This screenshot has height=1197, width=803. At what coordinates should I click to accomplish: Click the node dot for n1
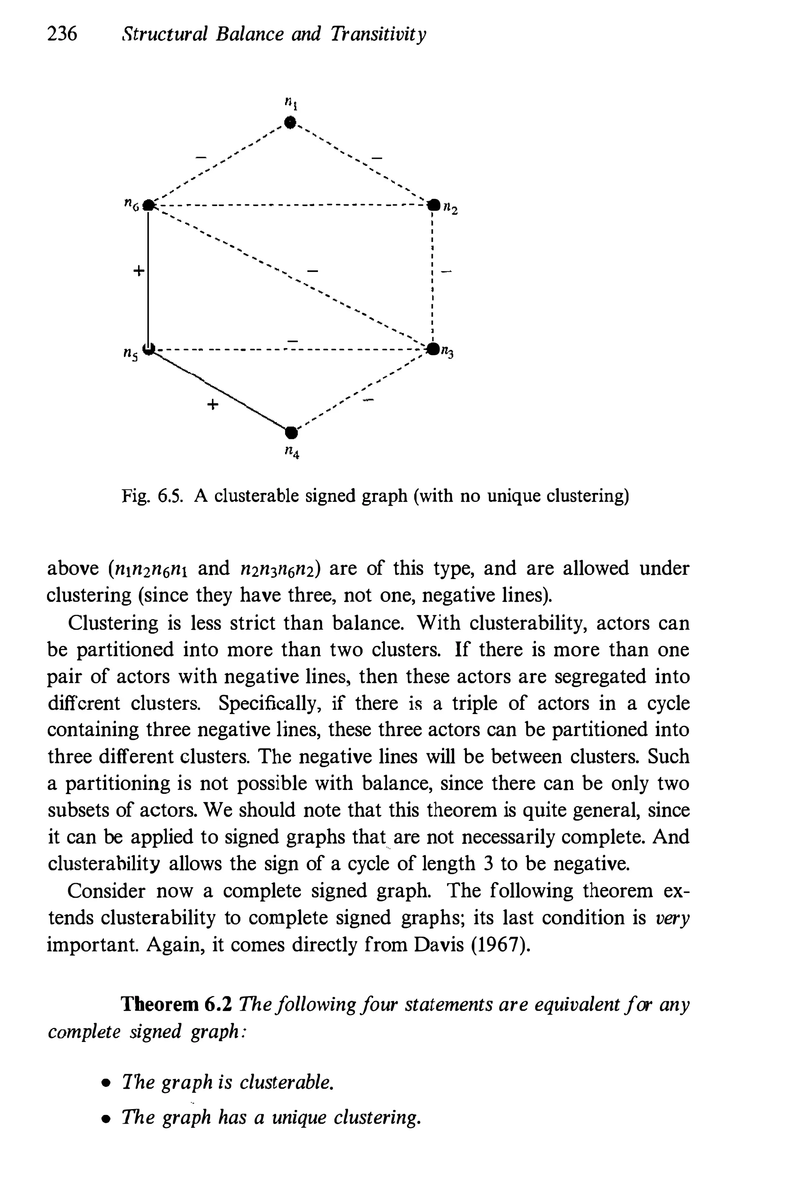pos(291,123)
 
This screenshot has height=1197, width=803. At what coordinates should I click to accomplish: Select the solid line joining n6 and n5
pos(148,277)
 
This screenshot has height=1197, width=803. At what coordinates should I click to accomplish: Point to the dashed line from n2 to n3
pos(433,277)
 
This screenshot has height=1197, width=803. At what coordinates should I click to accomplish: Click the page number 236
pos(62,34)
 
